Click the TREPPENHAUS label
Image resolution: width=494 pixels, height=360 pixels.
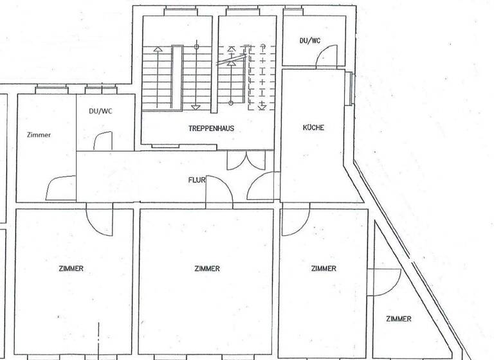click(x=211, y=129)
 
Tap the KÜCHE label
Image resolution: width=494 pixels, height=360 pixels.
click(x=313, y=127)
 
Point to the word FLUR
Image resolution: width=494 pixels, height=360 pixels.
click(x=196, y=180)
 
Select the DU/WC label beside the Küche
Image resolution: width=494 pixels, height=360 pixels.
click(x=309, y=40)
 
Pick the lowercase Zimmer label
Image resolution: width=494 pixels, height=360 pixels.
click(x=39, y=135)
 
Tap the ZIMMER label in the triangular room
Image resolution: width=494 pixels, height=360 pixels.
click(x=399, y=319)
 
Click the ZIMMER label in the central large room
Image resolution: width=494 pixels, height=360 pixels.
click(x=206, y=269)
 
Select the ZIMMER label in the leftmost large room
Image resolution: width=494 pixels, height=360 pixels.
click(x=70, y=269)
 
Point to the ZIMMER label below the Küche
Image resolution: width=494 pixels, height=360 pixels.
click(x=323, y=269)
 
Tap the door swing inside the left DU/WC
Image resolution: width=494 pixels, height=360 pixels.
click(x=102, y=141)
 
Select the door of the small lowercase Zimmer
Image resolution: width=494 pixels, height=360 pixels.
click(x=60, y=188)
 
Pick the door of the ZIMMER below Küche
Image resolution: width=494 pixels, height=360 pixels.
click(x=295, y=220)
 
